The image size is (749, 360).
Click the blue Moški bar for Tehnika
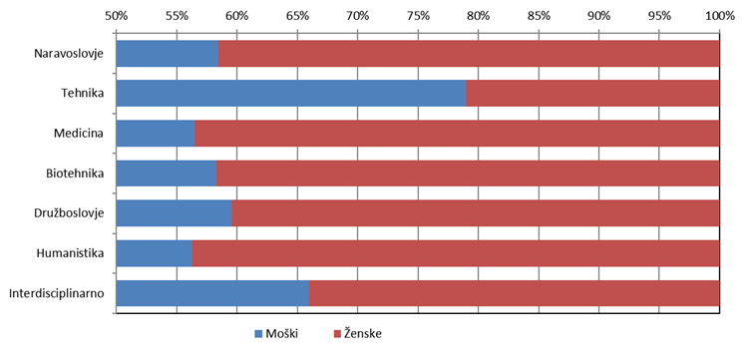(291, 93)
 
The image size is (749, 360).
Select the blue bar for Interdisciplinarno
(212, 293)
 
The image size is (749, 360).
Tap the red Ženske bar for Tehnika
(592, 93)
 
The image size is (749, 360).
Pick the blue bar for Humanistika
(155, 253)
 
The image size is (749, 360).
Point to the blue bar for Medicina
(156, 134)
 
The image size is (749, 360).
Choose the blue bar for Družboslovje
(174, 213)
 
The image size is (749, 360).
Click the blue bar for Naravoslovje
(168, 54)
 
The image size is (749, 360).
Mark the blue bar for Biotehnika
(167, 174)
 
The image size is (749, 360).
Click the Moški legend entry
(276, 334)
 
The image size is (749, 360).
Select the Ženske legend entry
(357, 334)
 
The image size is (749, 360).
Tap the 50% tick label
(117, 16)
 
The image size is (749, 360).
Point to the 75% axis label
(418, 16)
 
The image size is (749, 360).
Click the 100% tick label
(719, 16)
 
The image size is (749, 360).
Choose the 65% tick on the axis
(297, 16)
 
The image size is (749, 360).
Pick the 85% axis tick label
(539, 16)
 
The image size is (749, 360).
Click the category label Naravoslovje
(69, 54)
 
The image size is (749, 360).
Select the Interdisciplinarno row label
(57, 293)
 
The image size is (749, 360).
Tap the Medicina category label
(79, 134)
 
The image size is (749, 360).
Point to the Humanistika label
(70, 253)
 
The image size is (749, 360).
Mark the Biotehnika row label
(75, 174)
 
